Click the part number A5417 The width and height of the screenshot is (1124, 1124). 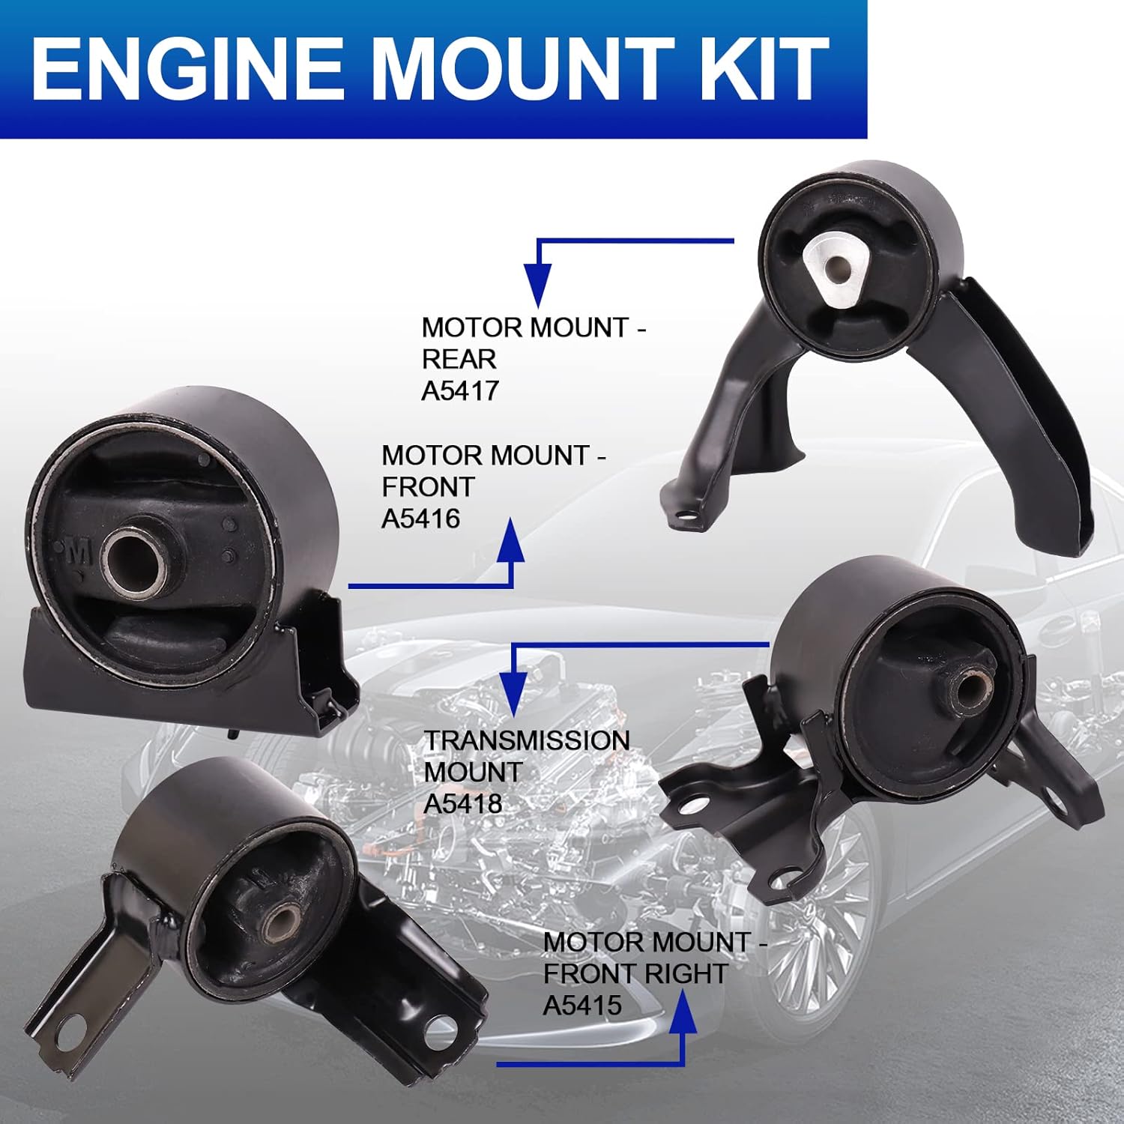point(459,390)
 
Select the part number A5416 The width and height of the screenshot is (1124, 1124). point(420,519)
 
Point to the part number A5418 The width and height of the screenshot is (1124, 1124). point(462,804)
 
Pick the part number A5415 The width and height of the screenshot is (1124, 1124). point(582,1005)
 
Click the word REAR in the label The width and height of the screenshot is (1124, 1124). point(459,359)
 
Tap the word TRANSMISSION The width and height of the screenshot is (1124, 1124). point(527,740)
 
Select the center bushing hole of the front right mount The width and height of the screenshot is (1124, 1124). point(282,923)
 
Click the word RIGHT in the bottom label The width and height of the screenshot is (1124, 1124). point(690,973)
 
